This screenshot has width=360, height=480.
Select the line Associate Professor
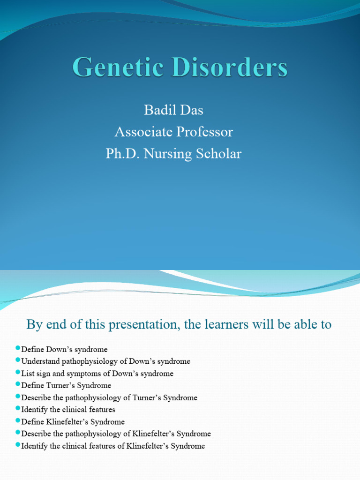[174, 132]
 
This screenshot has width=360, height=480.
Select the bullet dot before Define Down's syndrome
[18, 348]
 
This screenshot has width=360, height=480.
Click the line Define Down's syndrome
[65, 350]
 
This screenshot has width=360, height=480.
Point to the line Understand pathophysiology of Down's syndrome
[106, 361]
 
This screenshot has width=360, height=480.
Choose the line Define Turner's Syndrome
[67, 385]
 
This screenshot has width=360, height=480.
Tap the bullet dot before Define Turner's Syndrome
[18, 384]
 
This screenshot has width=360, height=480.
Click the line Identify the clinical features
[68, 410]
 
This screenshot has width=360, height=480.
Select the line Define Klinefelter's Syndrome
[73, 422]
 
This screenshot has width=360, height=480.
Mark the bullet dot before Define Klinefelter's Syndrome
[18, 420]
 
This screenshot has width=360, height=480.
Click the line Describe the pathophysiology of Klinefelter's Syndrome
[116, 434]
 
